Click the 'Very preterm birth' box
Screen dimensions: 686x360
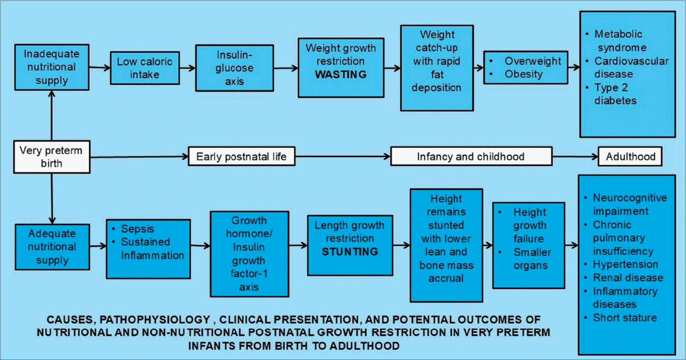52,157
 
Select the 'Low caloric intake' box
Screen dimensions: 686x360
145,68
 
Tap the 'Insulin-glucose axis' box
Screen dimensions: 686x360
234,68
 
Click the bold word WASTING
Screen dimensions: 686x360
341,74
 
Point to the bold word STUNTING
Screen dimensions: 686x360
350,252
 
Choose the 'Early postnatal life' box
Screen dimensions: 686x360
242,156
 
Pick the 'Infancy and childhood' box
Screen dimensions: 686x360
471,156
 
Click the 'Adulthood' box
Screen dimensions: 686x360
630,156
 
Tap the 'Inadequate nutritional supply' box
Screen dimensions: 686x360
52,67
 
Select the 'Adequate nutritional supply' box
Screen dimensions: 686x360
52,247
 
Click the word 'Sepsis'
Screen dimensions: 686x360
137,229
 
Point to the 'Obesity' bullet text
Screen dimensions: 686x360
523,74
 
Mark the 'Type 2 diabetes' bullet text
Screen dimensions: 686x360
615,94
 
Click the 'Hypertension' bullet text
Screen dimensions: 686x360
625,264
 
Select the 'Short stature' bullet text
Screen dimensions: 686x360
625,317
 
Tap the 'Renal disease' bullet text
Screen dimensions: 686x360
628,277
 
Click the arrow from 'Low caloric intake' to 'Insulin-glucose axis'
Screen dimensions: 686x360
188,68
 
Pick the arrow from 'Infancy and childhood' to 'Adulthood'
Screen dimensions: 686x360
575,156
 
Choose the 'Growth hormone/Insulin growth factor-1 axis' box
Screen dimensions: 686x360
249,254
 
